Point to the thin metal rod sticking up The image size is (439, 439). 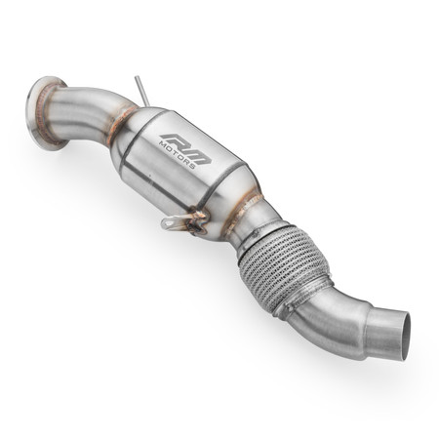pyautogui.click(x=143, y=89)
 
